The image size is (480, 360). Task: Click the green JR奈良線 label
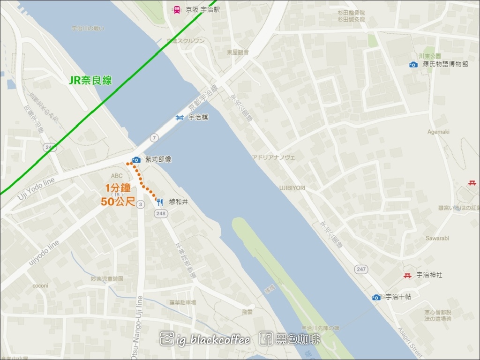pyautogui.click(x=90, y=80)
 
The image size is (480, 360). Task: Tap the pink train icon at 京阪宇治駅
pyautogui.click(x=177, y=9)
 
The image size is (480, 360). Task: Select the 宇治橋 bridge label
pyautogui.click(x=198, y=118)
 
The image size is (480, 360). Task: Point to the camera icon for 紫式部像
pyautogui.click(x=136, y=160)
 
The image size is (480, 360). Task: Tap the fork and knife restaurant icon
pyautogui.click(x=159, y=202)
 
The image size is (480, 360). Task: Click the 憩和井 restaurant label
pyautogui.click(x=178, y=202)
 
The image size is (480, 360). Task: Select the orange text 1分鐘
pyautogui.click(x=118, y=189)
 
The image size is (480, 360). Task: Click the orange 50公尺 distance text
pyautogui.click(x=118, y=202)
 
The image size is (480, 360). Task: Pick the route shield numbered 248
pyautogui.click(x=161, y=214)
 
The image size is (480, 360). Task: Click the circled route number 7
pyautogui.click(x=154, y=137)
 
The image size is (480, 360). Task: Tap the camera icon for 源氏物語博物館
pyautogui.click(x=413, y=65)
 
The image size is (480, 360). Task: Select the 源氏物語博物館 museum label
pyautogui.click(x=444, y=64)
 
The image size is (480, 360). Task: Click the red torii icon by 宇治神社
pyautogui.click(x=407, y=275)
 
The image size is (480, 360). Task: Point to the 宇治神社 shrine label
pyautogui.click(x=429, y=275)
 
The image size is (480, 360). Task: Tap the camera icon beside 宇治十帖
pyautogui.click(x=376, y=297)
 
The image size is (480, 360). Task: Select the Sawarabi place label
pyautogui.click(x=437, y=238)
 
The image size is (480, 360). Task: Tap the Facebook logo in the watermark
pyautogui.click(x=266, y=338)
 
